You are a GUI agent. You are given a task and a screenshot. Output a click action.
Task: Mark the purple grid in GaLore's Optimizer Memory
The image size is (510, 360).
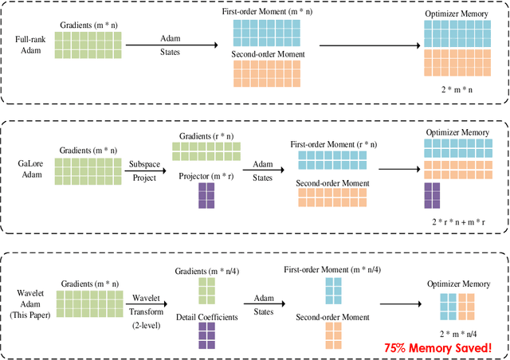(432, 196)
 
